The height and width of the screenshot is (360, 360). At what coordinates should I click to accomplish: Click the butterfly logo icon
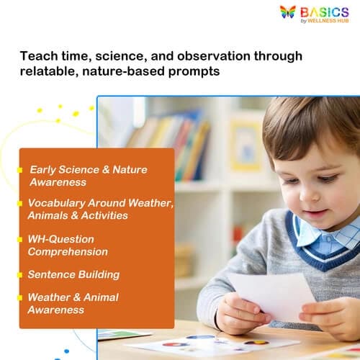[x=288, y=12]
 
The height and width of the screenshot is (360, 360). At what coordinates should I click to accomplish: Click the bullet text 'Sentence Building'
[x=73, y=274]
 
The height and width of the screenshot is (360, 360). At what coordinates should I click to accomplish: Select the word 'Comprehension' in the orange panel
[x=68, y=252]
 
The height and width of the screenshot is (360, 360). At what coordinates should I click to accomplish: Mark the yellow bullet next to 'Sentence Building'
[x=20, y=274]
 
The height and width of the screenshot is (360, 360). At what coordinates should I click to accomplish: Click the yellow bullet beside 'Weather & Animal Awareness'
[x=20, y=297]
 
